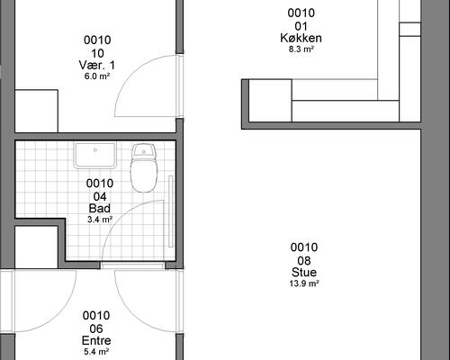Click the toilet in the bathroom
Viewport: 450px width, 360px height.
(x=144, y=167)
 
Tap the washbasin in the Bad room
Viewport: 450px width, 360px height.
(x=95, y=156)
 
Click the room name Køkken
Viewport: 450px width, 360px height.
(x=301, y=38)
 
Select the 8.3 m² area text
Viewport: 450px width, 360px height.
(x=301, y=49)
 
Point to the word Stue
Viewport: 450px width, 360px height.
(x=304, y=272)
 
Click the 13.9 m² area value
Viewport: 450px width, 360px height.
(x=304, y=283)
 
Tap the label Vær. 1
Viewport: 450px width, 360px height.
(x=97, y=65)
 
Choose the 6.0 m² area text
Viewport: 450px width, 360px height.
(x=97, y=76)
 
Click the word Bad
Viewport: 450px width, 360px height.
(x=100, y=208)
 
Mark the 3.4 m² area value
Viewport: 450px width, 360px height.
(x=100, y=220)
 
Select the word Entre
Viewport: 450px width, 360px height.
(x=96, y=340)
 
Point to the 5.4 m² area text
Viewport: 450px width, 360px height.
(x=96, y=351)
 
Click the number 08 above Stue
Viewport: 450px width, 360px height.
(x=304, y=261)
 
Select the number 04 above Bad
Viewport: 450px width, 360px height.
(x=100, y=197)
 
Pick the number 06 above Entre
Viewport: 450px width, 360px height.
(x=96, y=329)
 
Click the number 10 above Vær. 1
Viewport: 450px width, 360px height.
(x=97, y=54)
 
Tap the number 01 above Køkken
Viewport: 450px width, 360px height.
(x=301, y=27)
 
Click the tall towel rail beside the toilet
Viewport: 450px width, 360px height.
(x=171, y=211)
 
